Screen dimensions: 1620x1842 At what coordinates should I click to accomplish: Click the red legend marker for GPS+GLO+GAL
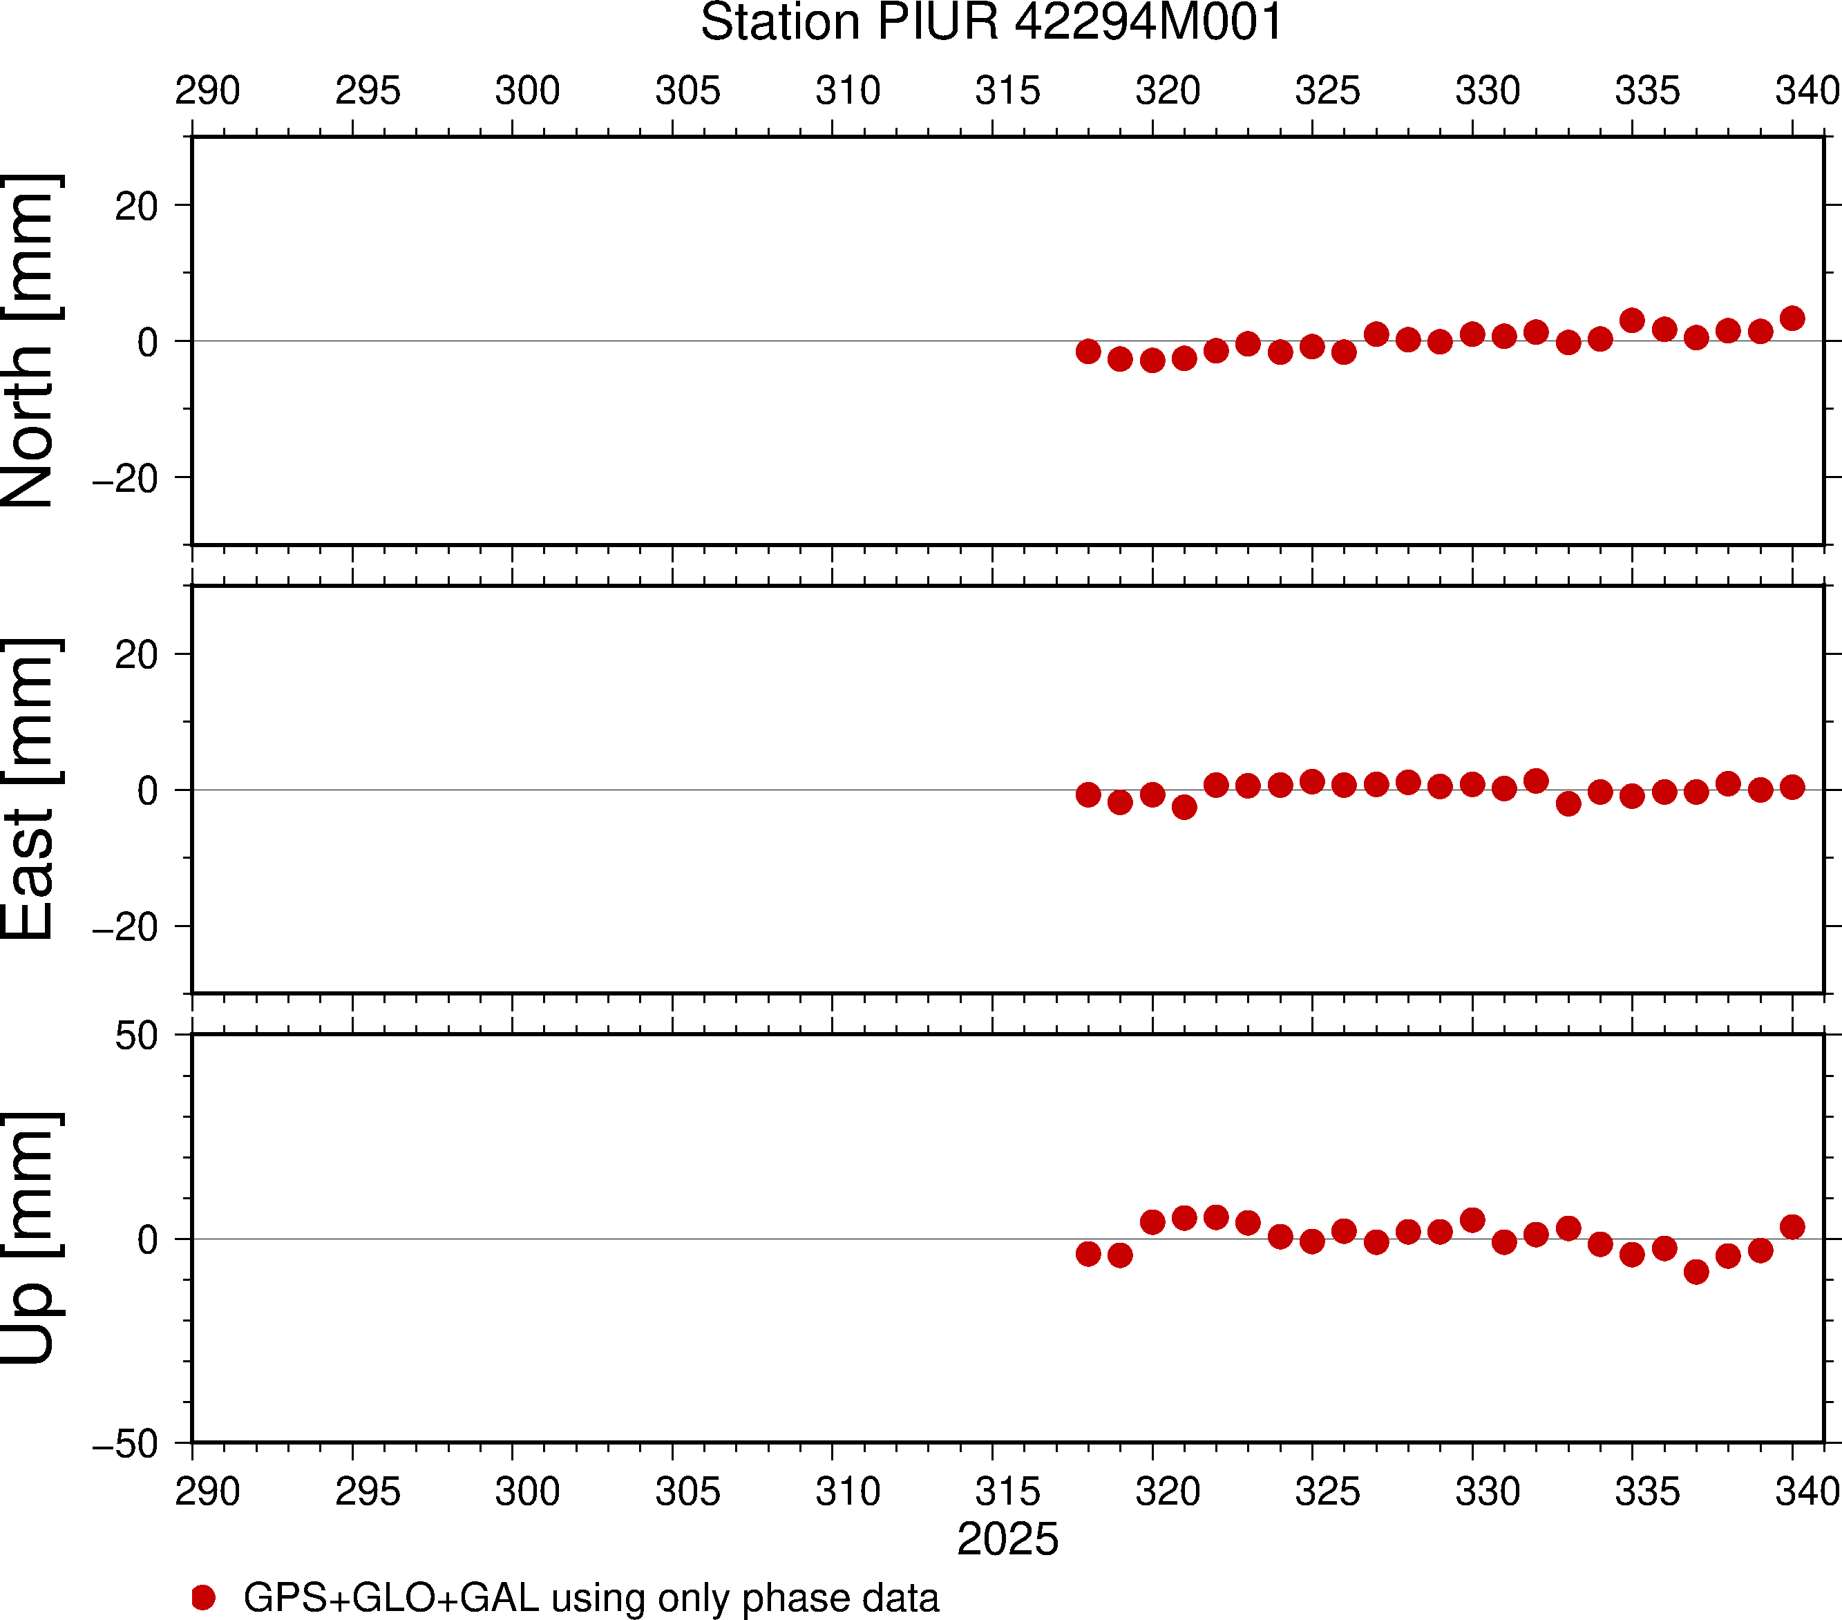(204, 1597)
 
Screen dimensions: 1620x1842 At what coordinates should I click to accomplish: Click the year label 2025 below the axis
(1007, 1539)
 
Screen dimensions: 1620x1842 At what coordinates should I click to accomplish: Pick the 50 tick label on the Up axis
(136, 1036)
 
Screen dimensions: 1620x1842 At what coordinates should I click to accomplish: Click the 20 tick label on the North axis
(136, 207)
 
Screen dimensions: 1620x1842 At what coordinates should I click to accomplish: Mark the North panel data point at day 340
(1792, 318)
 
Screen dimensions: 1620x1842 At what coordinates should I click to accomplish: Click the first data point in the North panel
(1089, 352)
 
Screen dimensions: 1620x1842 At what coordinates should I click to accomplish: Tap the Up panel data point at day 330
(1472, 1220)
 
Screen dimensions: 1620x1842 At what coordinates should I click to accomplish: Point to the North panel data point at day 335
(1632, 320)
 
